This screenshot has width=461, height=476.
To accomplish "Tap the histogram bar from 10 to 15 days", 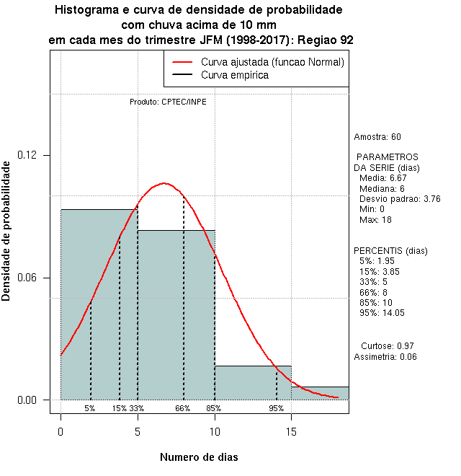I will [x=253, y=382].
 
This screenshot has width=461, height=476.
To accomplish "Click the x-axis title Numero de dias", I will [x=199, y=457].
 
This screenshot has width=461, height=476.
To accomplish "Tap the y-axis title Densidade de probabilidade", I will [x=6, y=231].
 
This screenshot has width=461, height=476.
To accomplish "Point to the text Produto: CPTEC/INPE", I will [x=168, y=102].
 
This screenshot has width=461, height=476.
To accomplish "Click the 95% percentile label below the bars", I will [x=277, y=408].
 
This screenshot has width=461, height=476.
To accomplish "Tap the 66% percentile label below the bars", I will [x=183, y=408].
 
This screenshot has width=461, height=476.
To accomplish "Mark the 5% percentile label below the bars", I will [x=90, y=408].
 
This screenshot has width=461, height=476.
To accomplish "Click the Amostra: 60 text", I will [x=377, y=137].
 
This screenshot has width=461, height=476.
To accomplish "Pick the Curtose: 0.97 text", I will [x=387, y=345].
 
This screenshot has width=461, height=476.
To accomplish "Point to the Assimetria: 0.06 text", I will [x=385, y=357].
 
